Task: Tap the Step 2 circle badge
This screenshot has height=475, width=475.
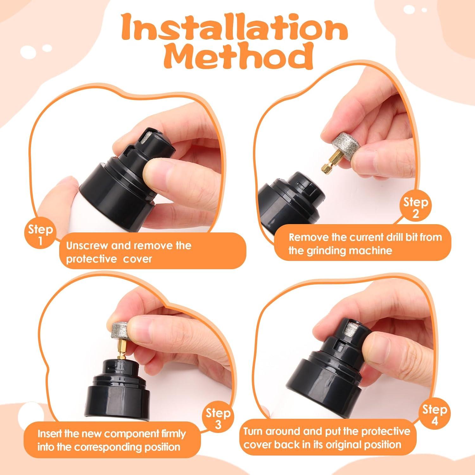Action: tap(415, 208)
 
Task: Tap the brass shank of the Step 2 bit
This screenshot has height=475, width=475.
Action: tap(328, 163)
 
